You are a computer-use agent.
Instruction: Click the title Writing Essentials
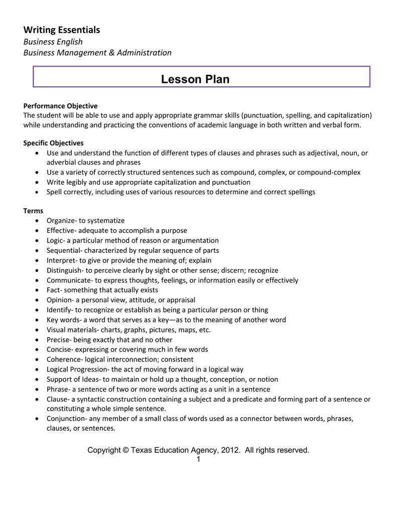point(62,30)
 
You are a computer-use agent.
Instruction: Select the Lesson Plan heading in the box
point(195,79)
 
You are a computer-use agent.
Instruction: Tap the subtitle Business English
point(53,42)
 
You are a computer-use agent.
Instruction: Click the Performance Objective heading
point(60,106)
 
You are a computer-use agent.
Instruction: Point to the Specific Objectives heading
point(54,143)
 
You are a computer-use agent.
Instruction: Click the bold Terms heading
point(33,211)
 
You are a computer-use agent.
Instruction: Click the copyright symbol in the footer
point(125,450)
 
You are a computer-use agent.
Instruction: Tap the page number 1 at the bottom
point(198,459)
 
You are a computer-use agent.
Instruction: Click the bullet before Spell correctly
point(39,192)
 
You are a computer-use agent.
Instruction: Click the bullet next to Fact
point(39,291)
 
